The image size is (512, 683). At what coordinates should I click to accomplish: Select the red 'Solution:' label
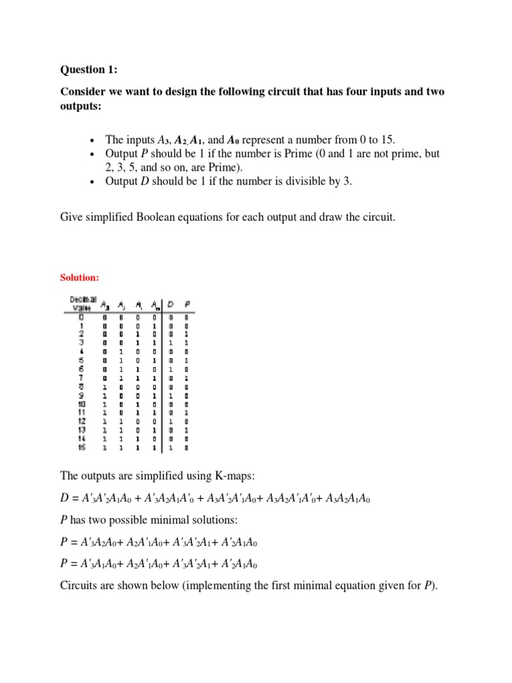tap(80, 276)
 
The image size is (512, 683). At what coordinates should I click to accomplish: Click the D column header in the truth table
tap(171, 305)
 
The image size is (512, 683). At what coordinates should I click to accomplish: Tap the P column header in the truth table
tap(187, 305)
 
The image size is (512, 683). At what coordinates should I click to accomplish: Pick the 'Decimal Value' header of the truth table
tap(83, 303)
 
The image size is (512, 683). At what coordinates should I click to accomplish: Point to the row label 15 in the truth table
tap(81, 448)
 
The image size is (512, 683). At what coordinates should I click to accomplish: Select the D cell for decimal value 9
tap(171, 394)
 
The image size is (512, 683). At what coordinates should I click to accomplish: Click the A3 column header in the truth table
tap(105, 305)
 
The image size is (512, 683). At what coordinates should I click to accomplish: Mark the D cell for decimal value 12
tap(171, 421)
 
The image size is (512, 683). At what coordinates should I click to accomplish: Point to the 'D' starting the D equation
tap(65, 498)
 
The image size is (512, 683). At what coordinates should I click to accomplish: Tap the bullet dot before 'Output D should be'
tap(92, 181)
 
